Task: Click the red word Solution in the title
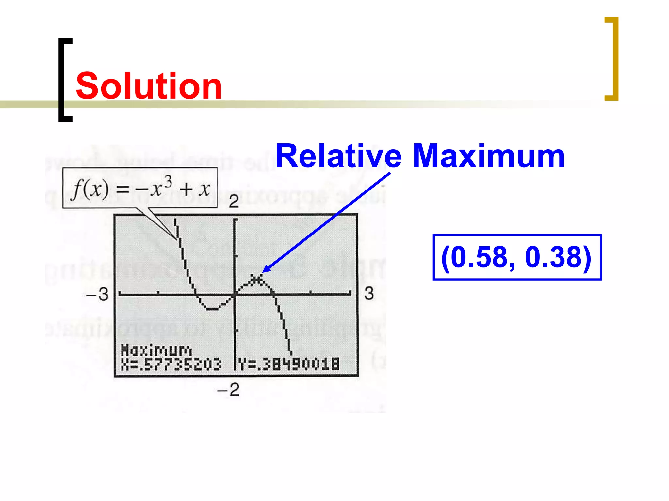coord(149,86)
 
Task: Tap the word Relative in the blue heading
coord(338,156)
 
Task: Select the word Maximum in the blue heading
coord(489,156)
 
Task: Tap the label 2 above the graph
coord(234,202)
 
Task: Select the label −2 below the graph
coord(229,389)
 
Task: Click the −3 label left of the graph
coord(97,294)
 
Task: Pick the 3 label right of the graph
coord(369,294)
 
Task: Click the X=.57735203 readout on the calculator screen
coord(171,364)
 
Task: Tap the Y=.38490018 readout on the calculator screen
coord(289,364)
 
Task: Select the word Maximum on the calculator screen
coord(156,351)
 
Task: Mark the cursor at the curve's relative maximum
coord(257,279)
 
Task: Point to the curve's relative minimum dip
coord(212,308)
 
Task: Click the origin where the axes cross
coord(235,295)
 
